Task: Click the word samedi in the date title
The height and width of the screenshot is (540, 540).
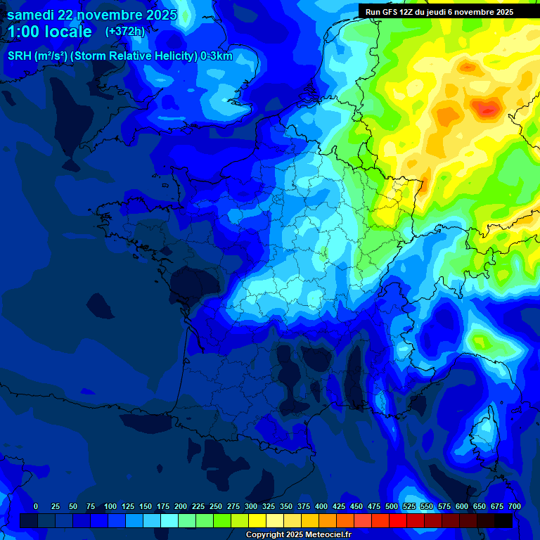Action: (x=32, y=15)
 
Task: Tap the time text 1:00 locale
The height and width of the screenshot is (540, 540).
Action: (x=50, y=32)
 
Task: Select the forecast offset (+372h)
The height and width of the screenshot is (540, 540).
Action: (x=124, y=32)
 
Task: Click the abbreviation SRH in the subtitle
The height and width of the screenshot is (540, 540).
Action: (x=20, y=56)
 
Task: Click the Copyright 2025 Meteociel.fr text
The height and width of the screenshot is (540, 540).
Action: (x=298, y=535)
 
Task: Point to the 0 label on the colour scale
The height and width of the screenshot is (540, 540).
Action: (x=36, y=506)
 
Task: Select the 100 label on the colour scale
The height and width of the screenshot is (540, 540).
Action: (x=110, y=506)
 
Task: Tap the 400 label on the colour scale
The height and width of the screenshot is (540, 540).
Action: (x=321, y=506)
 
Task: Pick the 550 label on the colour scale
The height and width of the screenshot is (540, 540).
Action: (x=427, y=506)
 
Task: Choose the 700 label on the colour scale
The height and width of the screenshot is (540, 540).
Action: (x=515, y=506)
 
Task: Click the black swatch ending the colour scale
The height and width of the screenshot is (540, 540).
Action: (x=503, y=520)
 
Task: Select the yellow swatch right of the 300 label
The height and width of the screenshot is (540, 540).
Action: (x=257, y=520)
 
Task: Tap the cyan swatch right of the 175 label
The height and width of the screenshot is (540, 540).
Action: (x=169, y=520)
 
